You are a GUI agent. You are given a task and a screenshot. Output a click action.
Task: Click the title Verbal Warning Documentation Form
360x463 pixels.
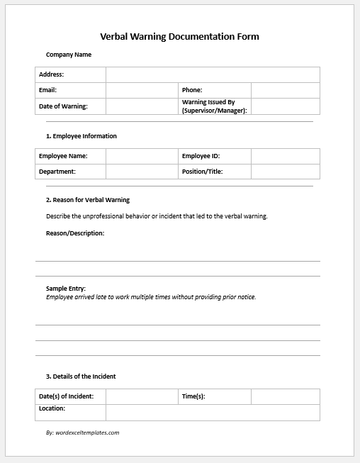(x=180, y=36)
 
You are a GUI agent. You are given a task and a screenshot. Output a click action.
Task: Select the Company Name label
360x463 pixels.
(x=69, y=55)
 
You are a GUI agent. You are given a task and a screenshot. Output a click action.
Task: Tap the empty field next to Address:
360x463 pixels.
(x=213, y=74)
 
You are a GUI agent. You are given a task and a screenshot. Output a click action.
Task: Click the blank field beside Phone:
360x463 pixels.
(x=285, y=90)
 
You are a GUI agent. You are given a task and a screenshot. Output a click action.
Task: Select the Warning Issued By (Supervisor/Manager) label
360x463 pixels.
(x=214, y=106)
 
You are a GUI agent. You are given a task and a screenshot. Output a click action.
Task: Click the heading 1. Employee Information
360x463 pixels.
(x=81, y=136)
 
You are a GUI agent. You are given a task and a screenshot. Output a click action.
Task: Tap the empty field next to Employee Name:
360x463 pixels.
(x=142, y=156)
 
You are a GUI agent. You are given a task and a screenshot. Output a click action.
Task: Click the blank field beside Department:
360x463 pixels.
(x=142, y=171)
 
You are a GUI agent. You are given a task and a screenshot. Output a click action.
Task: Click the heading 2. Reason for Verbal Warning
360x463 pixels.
(x=88, y=200)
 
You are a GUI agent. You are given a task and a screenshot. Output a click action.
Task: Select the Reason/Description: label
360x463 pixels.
(x=75, y=233)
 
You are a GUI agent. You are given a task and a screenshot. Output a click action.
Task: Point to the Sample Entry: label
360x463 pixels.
(x=66, y=289)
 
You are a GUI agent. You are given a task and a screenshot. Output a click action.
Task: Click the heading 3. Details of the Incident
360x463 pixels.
(x=81, y=376)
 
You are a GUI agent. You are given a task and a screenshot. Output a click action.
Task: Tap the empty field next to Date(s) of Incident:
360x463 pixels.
(x=142, y=396)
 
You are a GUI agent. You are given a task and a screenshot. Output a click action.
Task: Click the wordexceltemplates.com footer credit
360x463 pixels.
(x=82, y=433)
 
